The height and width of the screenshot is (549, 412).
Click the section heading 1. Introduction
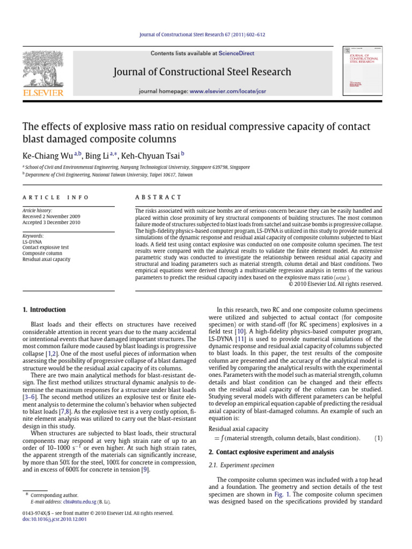(x=44, y=310)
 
